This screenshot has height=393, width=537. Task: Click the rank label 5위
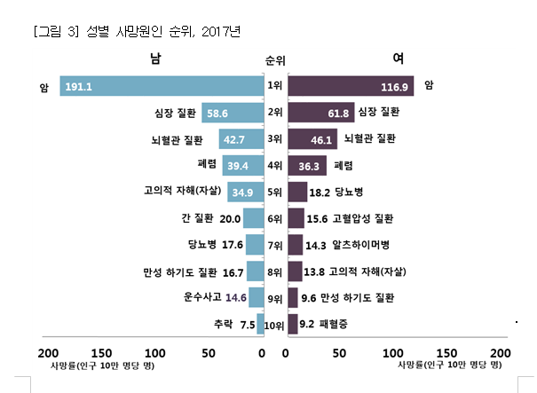pos(275,192)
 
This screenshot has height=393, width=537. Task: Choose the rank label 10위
pos(275,325)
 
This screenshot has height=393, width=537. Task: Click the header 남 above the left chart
pos(158,59)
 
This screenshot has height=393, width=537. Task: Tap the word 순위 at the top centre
pos(275,61)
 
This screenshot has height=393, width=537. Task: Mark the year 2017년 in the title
pos(223,32)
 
